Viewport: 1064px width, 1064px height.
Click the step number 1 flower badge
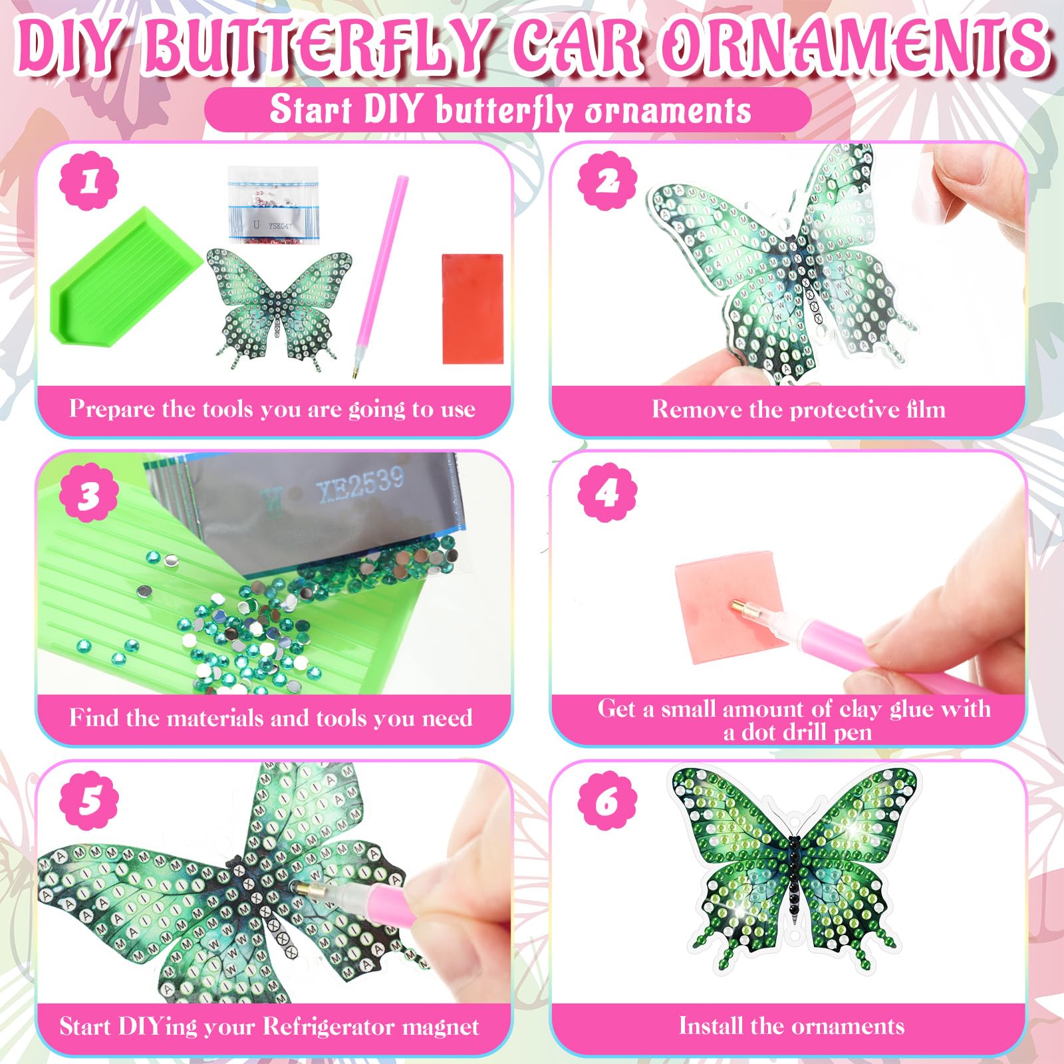[89, 182]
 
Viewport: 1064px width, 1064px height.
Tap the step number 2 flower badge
[607, 181]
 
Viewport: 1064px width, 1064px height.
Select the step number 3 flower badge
[89, 494]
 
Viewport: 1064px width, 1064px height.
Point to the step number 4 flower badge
[607, 493]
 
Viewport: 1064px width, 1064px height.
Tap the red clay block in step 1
[473, 308]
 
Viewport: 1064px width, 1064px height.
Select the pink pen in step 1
[379, 276]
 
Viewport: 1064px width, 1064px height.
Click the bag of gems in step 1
[273, 204]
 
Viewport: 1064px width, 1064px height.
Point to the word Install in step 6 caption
[711, 1025]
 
